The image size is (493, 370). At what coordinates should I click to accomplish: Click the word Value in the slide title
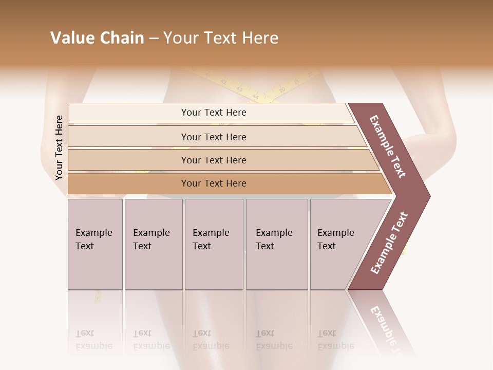(71, 38)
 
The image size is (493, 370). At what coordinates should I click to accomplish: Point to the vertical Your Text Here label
(59, 147)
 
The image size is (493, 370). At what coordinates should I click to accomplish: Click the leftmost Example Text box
(95, 244)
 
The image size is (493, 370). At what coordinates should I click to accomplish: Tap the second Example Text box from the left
(154, 244)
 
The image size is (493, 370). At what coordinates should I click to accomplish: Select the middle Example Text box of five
(214, 244)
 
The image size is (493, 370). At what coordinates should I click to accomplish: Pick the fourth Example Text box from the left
(277, 244)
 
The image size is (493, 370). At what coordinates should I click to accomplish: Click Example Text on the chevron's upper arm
(388, 146)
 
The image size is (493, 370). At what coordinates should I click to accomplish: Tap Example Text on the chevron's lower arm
(389, 243)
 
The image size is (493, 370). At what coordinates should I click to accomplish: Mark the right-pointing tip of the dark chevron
(429, 196)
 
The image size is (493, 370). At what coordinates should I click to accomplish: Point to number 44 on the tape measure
(255, 96)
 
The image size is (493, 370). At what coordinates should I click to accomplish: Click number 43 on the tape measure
(239, 88)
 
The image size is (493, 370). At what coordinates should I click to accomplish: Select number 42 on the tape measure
(223, 81)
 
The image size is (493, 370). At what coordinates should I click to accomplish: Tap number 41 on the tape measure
(207, 75)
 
